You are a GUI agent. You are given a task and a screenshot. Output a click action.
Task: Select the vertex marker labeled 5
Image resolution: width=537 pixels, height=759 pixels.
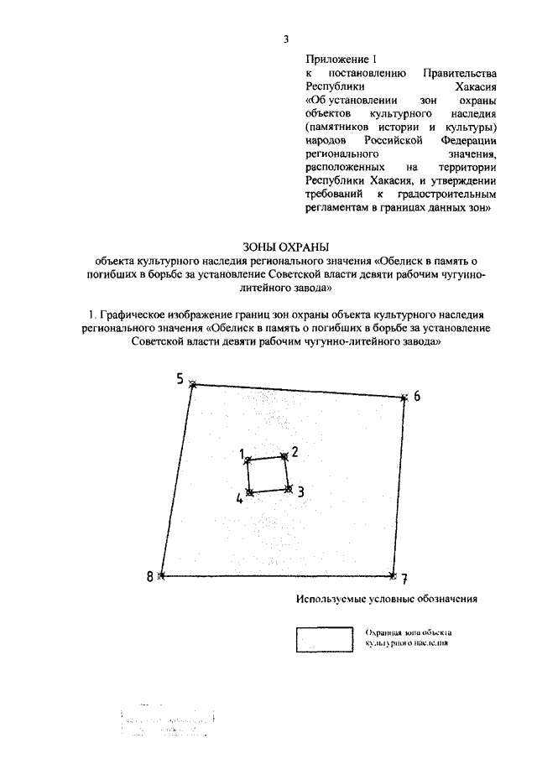(x=193, y=384)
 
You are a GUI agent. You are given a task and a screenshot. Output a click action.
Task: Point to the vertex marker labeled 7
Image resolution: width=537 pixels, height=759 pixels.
(x=393, y=575)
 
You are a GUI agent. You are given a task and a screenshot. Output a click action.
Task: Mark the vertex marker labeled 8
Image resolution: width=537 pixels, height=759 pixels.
(x=162, y=575)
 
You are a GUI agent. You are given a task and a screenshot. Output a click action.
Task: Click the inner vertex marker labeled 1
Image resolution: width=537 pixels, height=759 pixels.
(x=247, y=460)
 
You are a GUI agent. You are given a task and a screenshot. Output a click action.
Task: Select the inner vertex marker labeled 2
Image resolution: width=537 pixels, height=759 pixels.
(x=284, y=455)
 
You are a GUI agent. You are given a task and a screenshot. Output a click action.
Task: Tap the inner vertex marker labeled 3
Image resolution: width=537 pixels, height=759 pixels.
(x=289, y=488)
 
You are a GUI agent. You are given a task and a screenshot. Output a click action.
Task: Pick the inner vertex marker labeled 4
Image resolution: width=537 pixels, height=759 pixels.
(x=249, y=492)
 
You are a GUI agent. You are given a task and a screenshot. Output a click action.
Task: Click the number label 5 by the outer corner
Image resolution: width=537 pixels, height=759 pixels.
(x=180, y=378)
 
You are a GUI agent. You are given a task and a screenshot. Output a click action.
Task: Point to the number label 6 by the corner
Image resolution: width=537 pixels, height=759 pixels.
(x=417, y=396)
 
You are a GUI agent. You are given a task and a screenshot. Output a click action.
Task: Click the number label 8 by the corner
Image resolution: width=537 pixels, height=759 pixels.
(x=150, y=576)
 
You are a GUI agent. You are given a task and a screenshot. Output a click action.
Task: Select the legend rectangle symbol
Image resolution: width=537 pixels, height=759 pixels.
(x=323, y=639)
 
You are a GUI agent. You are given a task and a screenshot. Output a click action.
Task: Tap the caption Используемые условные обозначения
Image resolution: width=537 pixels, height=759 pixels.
(x=386, y=600)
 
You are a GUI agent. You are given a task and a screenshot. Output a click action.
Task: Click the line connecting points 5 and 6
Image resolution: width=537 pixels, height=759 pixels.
(x=299, y=392)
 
